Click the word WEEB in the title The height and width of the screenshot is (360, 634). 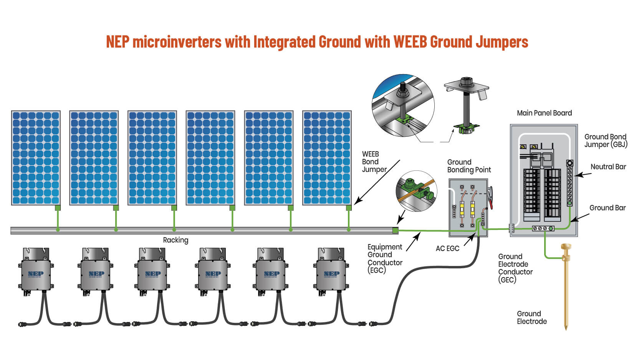pos(410,41)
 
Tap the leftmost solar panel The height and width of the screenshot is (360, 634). pos(36,158)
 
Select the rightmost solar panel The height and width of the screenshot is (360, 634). pos(327,158)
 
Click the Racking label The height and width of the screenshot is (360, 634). pos(175,240)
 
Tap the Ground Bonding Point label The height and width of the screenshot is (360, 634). pos(469,166)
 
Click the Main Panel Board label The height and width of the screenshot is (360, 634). pos(544,113)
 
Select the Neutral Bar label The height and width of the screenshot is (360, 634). pos(608,167)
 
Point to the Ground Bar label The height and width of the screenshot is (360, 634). pos(607,208)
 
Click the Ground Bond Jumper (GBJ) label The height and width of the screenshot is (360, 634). pos(605,140)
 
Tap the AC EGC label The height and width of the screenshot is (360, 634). pos(447,248)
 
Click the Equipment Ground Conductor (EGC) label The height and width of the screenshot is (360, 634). pos(384,259)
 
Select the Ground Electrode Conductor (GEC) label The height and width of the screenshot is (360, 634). pos(515,268)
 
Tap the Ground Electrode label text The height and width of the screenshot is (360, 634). pos(531,317)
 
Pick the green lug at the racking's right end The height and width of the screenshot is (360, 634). pos(396,230)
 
